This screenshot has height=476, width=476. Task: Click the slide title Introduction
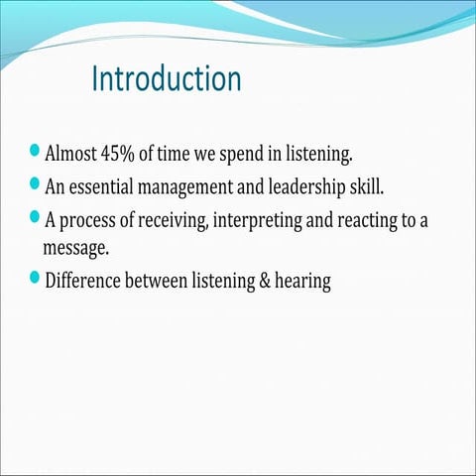tap(166, 79)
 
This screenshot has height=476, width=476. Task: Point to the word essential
tap(106, 185)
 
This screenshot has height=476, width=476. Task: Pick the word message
tap(75, 247)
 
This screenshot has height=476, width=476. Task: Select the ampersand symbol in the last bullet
tap(268, 281)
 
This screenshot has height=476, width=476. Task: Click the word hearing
tap(304, 281)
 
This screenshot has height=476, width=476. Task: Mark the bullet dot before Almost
tap(37, 152)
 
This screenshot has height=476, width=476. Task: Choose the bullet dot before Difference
tap(37, 279)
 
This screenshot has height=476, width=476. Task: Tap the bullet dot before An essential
tap(37, 183)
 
